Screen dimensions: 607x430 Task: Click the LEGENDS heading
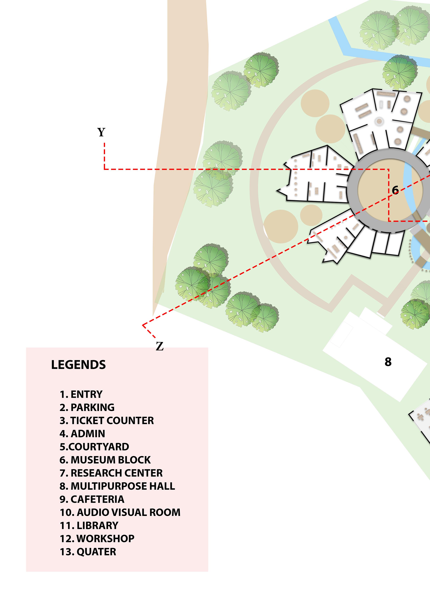tap(78, 365)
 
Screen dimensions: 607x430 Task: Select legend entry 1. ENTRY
tap(81, 394)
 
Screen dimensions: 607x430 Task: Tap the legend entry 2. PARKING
tap(87, 407)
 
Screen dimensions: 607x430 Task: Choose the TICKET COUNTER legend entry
tap(107, 420)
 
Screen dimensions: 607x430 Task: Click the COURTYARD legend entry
tap(94, 447)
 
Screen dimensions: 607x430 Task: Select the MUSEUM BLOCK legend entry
tap(105, 460)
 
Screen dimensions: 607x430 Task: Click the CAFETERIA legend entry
tap(92, 499)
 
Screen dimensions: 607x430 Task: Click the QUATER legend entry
tap(88, 552)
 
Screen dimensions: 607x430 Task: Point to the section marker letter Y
tap(101, 132)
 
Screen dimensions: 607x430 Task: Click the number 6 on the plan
tap(395, 190)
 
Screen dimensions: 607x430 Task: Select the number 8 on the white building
tap(388, 362)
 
